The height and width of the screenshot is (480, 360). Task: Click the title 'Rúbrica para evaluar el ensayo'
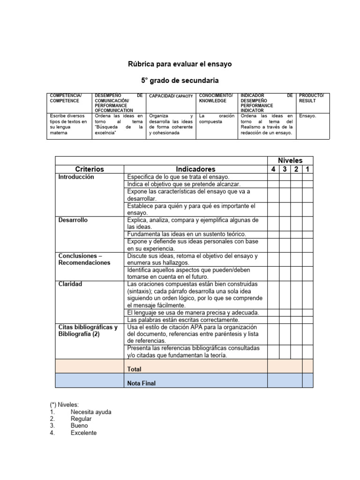[x=180, y=63]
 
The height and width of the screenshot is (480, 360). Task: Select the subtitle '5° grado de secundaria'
[x=180, y=81]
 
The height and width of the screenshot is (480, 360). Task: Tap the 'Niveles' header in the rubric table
[x=290, y=160]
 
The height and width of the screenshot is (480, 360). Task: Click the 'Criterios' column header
[x=89, y=169]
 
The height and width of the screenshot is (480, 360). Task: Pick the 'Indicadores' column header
[x=195, y=169]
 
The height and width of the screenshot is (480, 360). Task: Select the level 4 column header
[x=273, y=169]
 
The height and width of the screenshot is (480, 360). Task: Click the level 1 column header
[x=307, y=169]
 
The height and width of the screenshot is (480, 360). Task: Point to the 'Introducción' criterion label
[x=76, y=177]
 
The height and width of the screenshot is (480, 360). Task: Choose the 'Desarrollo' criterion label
[x=73, y=220]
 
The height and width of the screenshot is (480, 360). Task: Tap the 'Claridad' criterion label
[x=70, y=284]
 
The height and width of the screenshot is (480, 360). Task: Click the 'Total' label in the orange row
[x=134, y=369]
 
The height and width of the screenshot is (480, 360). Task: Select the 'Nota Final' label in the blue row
[x=142, y=383]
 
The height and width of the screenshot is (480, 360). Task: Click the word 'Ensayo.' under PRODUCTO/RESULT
[x=307, y=116]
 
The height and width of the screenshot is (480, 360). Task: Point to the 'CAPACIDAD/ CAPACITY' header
[x=171, y=96]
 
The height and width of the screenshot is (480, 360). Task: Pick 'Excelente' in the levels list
[x=83, y=433]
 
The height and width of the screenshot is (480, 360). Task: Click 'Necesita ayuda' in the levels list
[x=91, y=412]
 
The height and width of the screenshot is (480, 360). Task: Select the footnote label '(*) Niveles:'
[x=66, y=405]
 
